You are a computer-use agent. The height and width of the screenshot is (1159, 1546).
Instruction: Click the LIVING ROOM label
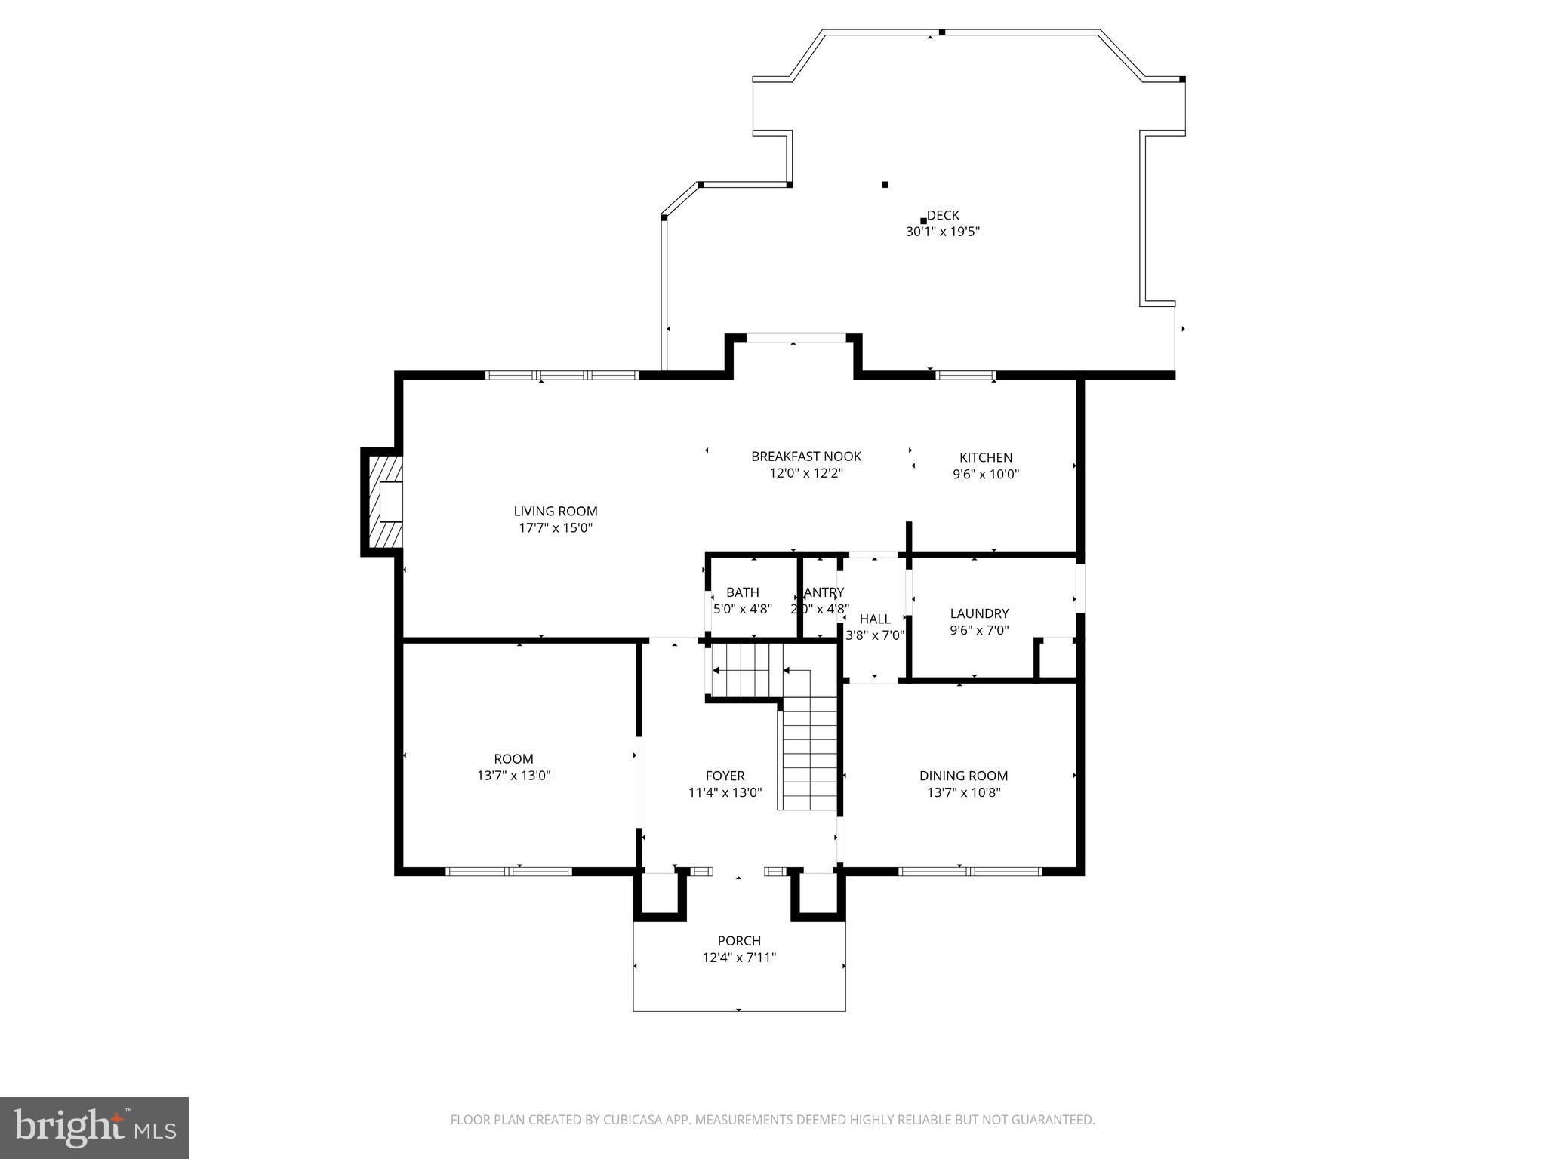coord(555,511)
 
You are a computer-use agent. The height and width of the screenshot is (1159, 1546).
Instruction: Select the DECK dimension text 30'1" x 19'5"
coord(942,232)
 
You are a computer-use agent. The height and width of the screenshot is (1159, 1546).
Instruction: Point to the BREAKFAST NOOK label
coord(805,457)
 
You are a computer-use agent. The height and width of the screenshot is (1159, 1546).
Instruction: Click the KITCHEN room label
coord(985,457)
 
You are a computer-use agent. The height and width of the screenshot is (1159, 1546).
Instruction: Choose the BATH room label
coord(742,592)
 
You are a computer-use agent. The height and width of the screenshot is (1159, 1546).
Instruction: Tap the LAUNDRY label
coord(979,613)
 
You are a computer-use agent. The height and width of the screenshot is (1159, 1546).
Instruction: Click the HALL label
coord(875,619)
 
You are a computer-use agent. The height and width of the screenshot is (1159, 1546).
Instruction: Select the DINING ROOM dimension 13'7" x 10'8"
coord(963,792)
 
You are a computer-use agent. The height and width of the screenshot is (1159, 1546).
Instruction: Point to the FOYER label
coord(725,776)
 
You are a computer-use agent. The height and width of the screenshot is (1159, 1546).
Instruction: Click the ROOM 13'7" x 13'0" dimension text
coord(513,776)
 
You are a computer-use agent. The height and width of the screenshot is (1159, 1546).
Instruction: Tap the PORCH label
coord(738,941)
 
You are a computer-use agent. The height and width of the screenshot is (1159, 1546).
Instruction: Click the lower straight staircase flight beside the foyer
coord(809,755)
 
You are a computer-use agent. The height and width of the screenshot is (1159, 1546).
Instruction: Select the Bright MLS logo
coord(94,1127)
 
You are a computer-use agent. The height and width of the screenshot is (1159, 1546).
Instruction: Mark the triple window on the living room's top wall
coord(562,375)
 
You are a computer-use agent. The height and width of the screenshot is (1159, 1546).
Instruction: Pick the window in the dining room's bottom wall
coord(970,872)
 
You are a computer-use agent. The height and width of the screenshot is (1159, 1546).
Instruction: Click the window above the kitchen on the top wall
coord(965,375)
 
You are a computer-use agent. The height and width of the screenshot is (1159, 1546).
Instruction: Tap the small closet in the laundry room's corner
coord(1057,659)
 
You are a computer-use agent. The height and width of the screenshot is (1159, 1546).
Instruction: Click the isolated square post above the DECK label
coord(885,184)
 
